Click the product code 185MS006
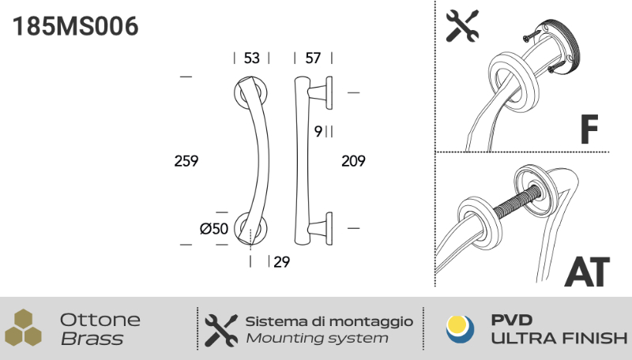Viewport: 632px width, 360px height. [x=75, y=27]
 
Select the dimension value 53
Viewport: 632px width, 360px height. [x=251, y=58]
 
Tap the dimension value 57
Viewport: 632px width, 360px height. [x=313, y=58]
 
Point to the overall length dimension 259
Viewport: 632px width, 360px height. [x=186, y=161]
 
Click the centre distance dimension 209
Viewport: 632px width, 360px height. [x=353, y=161]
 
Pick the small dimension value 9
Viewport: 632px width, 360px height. [x=318, y=131]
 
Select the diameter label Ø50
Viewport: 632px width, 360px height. [x=214, y=229]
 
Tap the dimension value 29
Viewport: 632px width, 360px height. [x=282, y=262]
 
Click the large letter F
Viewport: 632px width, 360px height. [x=589, y=129]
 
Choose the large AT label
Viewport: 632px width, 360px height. [x=587, y=272]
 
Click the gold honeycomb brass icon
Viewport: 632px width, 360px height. [x=24, y=328]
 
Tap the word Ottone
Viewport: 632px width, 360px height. [x=100, y=321]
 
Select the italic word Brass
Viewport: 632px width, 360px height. [x=92, y=339]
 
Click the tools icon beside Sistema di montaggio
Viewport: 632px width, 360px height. [x=221, y=331]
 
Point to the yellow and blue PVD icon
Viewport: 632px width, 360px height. [x=461, y=329]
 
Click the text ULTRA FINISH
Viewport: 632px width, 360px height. [x=559, y=338]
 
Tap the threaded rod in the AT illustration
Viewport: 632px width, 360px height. [x=517, y=203]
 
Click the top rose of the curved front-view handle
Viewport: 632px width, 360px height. [x=250, y=92]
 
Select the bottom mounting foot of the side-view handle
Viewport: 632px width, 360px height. [x=321, y=228]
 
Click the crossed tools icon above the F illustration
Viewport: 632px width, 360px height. [x=462, y=26]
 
